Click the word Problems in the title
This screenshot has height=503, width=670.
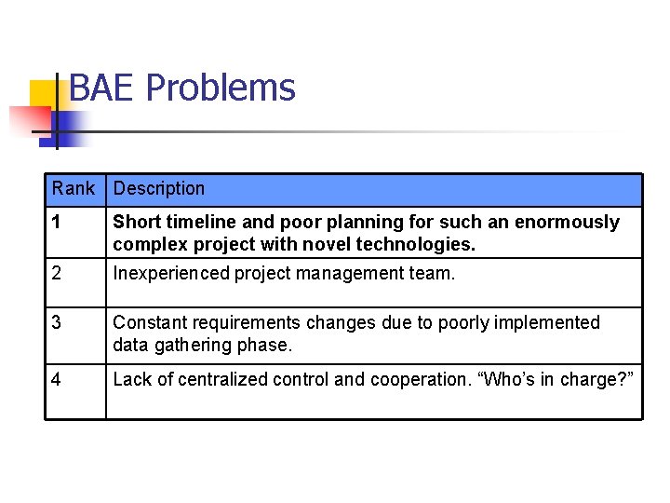coord(221,88)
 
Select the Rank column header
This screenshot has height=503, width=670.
coord(74,189)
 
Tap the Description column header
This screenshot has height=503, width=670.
coord(159,189)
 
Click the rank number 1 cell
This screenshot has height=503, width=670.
coord(57,223)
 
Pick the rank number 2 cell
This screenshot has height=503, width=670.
coord(57,274)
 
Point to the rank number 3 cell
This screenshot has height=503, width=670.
coord(57,323)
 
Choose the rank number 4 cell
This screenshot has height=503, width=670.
coord(57,379)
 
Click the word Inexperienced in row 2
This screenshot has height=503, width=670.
coord(171,274)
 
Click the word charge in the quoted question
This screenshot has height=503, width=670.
coord(593,379)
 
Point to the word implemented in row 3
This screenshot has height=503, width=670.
coord(545,323)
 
